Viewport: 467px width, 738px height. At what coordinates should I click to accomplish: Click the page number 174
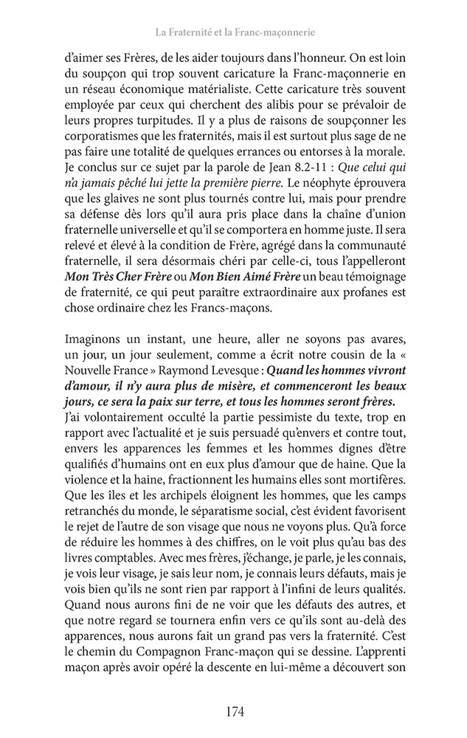(233, 711)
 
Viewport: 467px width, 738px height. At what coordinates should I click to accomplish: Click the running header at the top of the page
(233, 32)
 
